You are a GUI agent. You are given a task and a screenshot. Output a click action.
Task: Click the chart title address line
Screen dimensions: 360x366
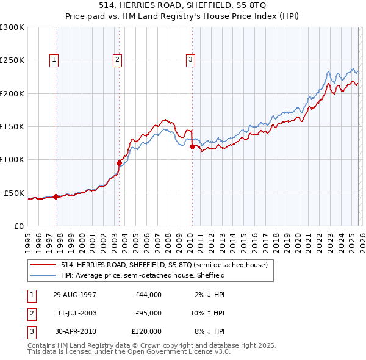pyautogui.click(x=182, y=5)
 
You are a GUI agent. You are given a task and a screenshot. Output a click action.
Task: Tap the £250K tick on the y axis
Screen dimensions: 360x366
pyautogui.click(x=12, y=60)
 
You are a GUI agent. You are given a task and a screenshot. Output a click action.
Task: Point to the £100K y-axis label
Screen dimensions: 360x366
pyautogui.click(x=12, y=159)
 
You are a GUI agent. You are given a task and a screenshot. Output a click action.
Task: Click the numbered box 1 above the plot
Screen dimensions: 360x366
pyautogui.click(x=55, y=59)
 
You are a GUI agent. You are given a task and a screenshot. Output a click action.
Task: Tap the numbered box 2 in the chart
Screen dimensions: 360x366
pyautogui.click(x=117, y=59)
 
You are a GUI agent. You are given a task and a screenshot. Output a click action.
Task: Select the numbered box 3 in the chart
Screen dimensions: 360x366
pyautogui.click(x=190, y=59)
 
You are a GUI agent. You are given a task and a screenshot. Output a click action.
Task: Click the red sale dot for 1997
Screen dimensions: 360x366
pyautogui.click(x=56, y=196)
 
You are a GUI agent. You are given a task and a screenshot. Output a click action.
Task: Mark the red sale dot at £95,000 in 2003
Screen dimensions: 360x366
pyautogui.click(x=119, y=163)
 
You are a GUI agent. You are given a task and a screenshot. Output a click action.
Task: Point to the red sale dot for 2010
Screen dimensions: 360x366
pyautogui.click(x=192, y=146)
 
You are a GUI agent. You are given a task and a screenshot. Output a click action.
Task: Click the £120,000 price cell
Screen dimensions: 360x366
pyautogui.click(x=146, y=331)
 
